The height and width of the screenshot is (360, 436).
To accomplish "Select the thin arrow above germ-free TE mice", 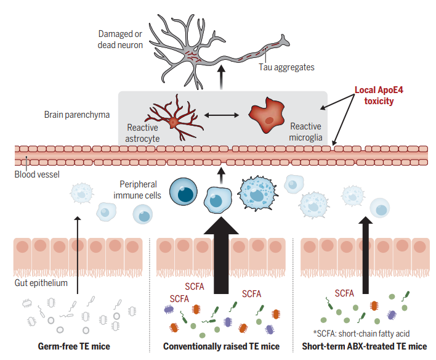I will coord(78,253).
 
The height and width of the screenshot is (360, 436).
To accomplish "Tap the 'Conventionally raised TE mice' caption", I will coord(221,346).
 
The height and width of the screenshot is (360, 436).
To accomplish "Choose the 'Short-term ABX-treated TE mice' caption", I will coord(364,346).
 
